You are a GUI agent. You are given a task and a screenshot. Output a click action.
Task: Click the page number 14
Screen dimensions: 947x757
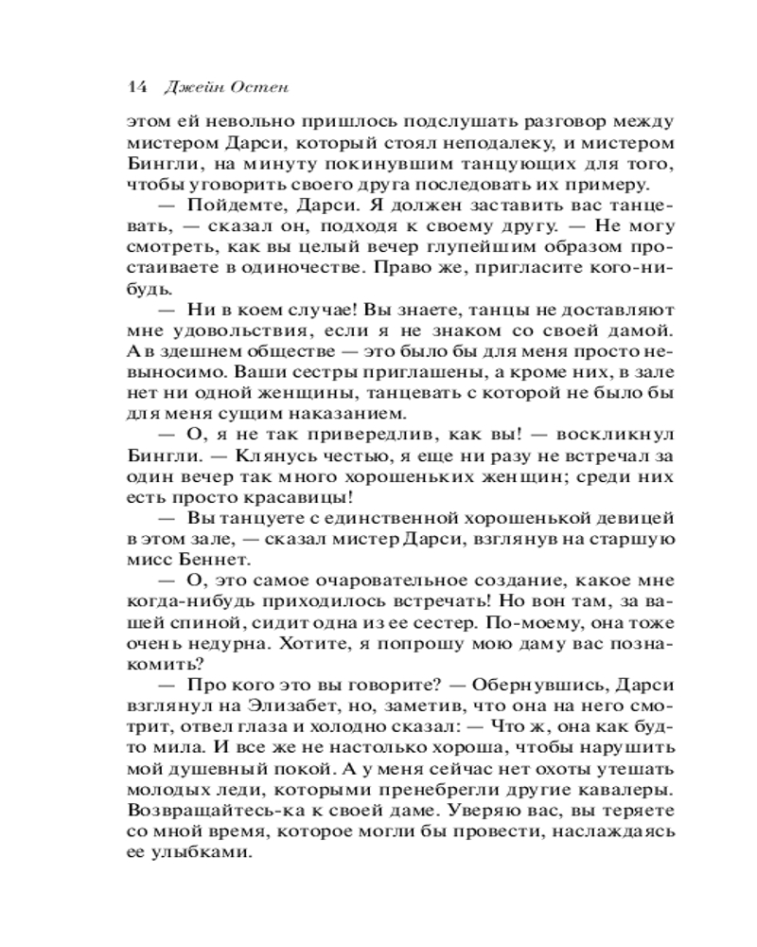pyautogui.click(x=133, y=86)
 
